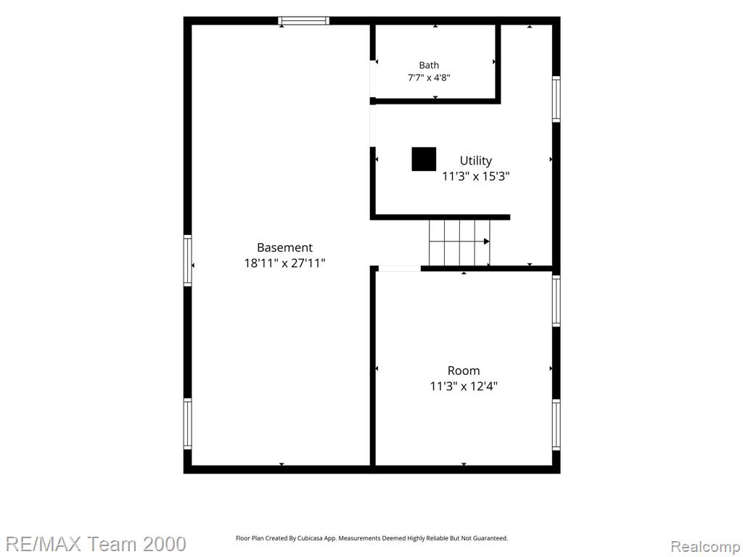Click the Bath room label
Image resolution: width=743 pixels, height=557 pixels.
pos(428,65)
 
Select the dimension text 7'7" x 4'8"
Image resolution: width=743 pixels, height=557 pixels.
pos(428,77)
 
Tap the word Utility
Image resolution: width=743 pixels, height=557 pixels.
pos(476,160)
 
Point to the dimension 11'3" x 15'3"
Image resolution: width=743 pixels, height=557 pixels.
pos(476,176)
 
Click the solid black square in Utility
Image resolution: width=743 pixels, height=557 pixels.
pos(424,159)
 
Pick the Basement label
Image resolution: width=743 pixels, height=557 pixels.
pos(284,247)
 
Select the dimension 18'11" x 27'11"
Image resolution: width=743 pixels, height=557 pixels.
pos(284,263)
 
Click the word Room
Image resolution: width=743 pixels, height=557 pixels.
pos(464,371)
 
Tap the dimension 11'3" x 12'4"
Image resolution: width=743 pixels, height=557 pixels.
pos(464,386)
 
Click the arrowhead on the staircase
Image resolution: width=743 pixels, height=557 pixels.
pos(487,242)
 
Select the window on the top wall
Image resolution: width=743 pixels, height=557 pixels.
pos(303,21)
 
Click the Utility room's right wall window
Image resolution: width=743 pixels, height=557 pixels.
pos(557,99)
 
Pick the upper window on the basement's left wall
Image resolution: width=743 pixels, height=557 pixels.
pos(188,260)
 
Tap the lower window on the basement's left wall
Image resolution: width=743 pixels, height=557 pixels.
pos(188,424)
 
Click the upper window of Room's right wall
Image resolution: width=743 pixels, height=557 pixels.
pos(557,301)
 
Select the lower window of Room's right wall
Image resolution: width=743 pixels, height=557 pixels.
pos(557,425)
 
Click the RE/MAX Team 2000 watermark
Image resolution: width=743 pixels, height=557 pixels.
pos(96,544)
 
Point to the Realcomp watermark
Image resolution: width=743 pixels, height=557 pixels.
pos(705,547)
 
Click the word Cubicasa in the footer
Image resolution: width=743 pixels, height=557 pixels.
pos(310,538)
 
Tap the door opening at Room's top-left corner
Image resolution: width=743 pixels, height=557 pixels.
pos(400,268)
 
